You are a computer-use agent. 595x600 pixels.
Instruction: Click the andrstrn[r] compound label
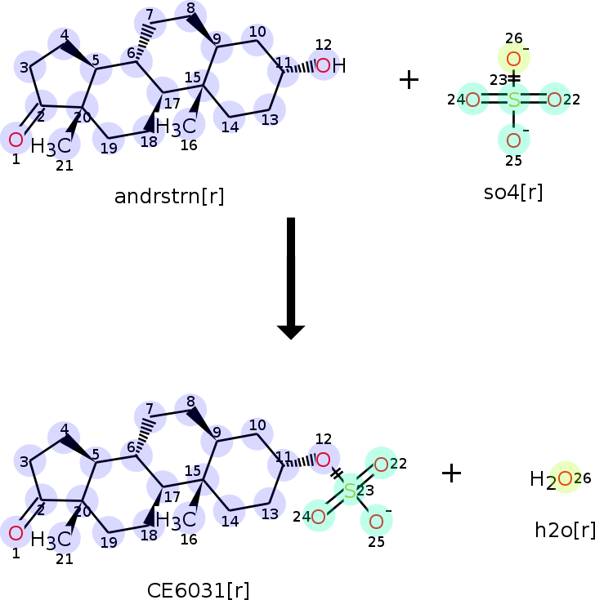(x=169, y=197)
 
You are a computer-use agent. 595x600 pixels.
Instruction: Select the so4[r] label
(x=513, y=193)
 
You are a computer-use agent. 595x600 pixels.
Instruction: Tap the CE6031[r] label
(x=198, y=590)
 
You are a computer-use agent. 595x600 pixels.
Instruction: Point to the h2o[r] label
(x=565, y=531)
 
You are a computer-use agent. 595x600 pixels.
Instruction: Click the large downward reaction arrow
(x=291, y=278)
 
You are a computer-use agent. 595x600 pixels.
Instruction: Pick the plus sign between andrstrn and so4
(x=409, y=80)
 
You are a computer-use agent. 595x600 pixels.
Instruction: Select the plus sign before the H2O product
(x=451, y=473)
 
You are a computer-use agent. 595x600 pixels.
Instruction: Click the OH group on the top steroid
(x=331, y=65)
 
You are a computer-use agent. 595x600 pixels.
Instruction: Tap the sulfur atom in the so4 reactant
(x=514, y=100)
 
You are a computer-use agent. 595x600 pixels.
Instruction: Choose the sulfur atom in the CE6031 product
(x=350, y=491)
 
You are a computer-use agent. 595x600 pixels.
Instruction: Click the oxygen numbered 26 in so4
(x=514, y=59)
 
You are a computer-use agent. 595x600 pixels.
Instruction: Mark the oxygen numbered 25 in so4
(x=514, y=140)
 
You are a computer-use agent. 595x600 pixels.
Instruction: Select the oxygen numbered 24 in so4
(x=473, y=100)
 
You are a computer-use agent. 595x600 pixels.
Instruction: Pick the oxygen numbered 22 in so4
(x=554, y=100)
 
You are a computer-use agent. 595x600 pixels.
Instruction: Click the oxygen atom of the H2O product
(x=565, y=478)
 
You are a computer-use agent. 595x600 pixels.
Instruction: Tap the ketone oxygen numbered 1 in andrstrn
(x=16, y=140)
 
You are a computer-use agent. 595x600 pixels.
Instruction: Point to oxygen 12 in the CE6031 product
(x=324, y=460)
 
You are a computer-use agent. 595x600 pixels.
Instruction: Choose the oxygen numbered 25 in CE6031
(x=376, y=521)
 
